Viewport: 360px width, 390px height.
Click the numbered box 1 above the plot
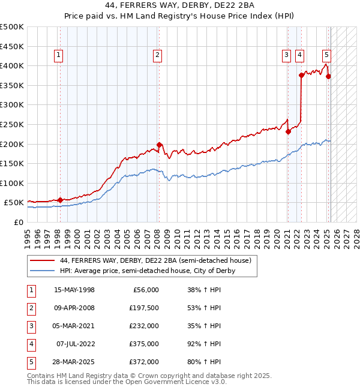pyautogui.click(x=59, y=55)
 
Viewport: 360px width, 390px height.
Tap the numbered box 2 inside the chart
pyautogui.click(x=157, y=55)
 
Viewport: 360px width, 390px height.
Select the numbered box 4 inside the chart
pyautogui.click(x=299, y=55)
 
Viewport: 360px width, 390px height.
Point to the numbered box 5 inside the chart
pyautogui.click(x=326, y=55)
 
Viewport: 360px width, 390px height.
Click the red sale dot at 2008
pyautogui.click(x=159, y=145)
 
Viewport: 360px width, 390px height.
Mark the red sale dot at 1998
pyautogui.click(x=60, y=200)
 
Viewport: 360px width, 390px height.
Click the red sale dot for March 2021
pyautogui.click(x=288, y=131)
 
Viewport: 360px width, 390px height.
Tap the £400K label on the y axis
pyautogui.click(x=11, y=65)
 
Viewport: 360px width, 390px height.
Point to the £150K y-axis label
pyautogui.click(x=11, y=163)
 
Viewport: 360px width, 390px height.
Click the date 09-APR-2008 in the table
pyautogui.click(x=74, y=308)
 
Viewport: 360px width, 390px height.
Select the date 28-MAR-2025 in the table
pyautogui.click(x=74, y=362)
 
